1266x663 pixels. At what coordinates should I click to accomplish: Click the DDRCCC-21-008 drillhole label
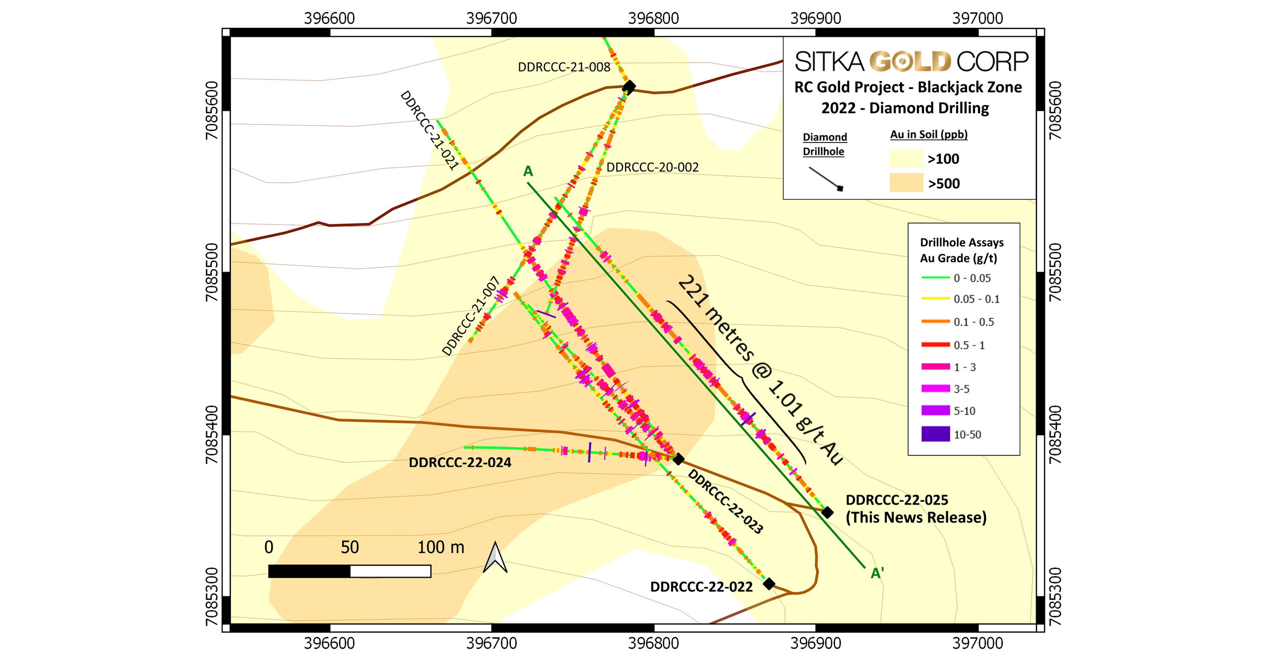click(563, 67)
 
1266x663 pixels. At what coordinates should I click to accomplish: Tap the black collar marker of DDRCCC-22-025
click(827, 512)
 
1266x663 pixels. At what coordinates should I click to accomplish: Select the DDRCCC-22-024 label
click(460, 463)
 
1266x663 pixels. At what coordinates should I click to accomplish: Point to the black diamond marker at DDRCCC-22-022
click(769, 584)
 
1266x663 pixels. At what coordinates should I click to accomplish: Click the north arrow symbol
click(495, 558)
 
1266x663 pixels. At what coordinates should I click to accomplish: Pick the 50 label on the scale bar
click(350, 547)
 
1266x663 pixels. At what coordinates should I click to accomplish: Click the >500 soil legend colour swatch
click(906, 183)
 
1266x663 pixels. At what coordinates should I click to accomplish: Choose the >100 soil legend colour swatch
click(906, 158)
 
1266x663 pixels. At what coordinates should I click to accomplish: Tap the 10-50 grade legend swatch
click(935, 434)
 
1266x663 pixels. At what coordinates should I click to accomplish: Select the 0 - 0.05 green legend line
click(935, 278)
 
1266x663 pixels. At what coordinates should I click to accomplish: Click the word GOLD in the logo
click(911, 62)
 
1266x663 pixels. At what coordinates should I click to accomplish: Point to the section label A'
click(877, 574)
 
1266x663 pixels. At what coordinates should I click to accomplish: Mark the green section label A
click(528, 171)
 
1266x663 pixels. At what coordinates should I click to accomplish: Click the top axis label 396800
click(653, 18)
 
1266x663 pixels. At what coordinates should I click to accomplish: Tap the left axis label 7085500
click(211, 272)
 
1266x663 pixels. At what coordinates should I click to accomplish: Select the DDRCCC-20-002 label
click(652, 167)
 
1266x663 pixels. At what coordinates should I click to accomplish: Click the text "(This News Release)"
click(916, 517)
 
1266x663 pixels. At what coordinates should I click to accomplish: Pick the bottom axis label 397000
click(978, 644)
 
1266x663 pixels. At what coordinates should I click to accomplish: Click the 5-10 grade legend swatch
click(935, 411)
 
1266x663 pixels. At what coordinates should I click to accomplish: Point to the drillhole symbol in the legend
click(826, 178)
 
